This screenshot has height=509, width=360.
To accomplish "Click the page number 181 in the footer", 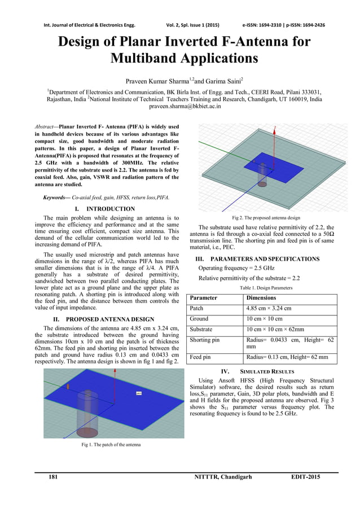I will tap(53, 477).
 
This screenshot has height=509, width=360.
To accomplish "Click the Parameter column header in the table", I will tap(204, 297).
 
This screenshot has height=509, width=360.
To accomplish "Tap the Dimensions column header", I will tap(261, 297).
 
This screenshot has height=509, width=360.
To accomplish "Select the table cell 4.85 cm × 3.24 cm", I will tap(269, 308).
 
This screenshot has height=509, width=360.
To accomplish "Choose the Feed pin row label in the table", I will tap(201, 357).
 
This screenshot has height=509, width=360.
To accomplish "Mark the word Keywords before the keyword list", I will tap(56, 198).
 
